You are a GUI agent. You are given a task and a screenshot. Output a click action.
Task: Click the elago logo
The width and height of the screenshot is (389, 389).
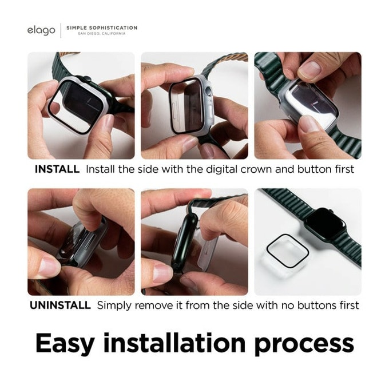[41, 30]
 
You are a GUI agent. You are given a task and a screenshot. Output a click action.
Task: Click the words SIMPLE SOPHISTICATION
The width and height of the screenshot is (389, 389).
[102, 27]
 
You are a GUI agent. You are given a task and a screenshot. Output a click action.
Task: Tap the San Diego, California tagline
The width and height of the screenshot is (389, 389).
[102, 34]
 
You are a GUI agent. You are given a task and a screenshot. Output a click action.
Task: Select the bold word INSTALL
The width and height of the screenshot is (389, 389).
[57, 169]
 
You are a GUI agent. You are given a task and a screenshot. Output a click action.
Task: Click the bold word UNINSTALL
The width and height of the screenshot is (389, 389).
[60, 305]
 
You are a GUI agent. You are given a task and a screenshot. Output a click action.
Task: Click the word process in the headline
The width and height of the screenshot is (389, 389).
[304, 345]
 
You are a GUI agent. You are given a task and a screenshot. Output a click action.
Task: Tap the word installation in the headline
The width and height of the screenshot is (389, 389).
[174, 343]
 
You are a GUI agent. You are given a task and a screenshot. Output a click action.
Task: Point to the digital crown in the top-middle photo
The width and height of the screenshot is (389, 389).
[209, 92]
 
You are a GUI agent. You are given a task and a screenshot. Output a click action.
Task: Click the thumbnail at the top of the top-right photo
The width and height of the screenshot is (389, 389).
[309, 69]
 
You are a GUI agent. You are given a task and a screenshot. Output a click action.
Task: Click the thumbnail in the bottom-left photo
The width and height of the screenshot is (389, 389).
[49, 268]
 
